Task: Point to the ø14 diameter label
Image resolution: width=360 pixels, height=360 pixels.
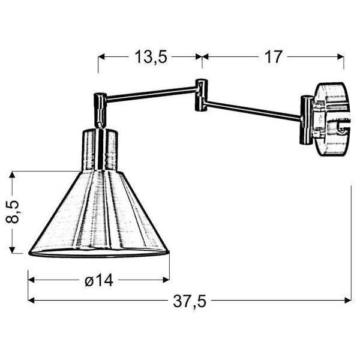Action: [x=98, y=280]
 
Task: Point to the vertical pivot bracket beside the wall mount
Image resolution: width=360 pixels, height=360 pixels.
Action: [x=307, y=120]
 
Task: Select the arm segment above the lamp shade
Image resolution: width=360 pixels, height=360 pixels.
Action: [x=150, y=91]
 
